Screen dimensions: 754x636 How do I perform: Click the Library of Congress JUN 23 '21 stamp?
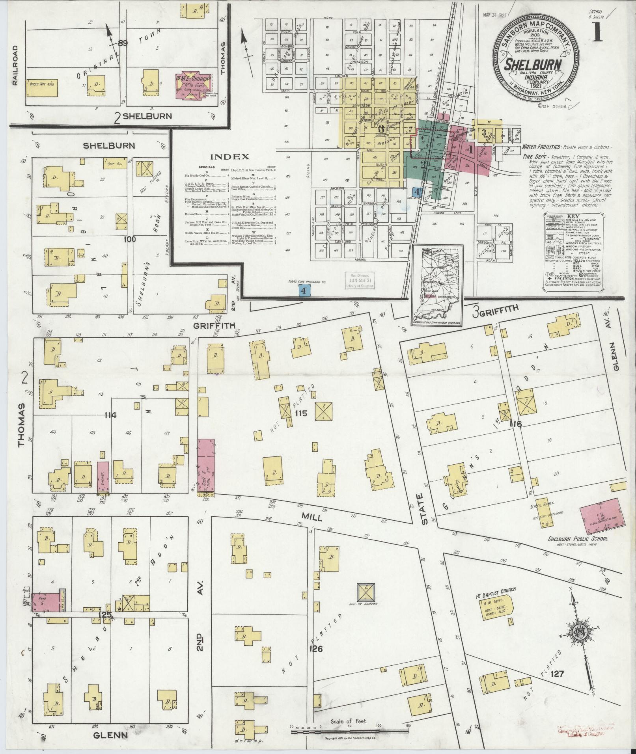(359, 281)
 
